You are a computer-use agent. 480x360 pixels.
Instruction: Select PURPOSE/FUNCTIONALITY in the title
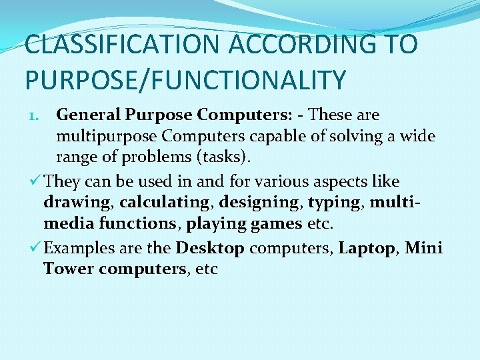click(x=186, y=79)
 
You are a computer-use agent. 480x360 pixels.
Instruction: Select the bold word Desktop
click(x=210, y=248)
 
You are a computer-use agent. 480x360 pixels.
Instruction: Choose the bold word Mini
click(x=424, y=248)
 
